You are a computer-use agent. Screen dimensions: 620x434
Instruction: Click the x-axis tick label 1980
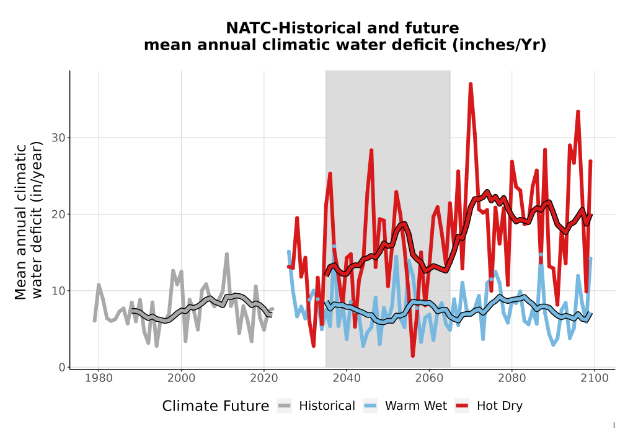coord(99,378)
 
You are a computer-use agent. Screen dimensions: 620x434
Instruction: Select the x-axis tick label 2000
coord(181,378)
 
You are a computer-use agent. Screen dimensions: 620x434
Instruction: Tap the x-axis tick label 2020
coord(263,378)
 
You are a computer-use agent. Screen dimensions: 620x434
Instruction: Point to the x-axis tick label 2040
coord(347,378)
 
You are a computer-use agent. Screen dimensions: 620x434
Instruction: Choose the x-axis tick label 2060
coord(429,378)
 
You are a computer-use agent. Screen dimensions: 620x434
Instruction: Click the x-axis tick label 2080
coord(511,378)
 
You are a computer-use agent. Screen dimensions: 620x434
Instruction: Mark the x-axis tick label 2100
coord(595,378)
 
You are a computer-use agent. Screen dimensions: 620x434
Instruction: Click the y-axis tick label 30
coord(58,138)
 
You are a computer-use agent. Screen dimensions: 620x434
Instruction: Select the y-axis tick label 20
coord(58,215)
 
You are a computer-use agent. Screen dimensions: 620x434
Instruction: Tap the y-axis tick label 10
coord(58,291)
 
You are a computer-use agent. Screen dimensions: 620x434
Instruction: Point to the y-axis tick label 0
coord(62,367)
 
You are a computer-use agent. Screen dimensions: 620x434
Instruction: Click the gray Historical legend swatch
coord(285,405)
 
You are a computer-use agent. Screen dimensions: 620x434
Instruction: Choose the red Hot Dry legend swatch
coord(462,405)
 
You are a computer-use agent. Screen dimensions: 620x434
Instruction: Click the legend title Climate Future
coord(216,406)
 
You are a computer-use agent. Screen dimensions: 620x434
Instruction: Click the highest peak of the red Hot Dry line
coord(471,84)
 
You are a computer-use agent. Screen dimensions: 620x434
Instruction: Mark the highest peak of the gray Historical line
coord(226,254)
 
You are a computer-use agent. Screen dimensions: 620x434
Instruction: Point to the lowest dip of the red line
coord(413,356)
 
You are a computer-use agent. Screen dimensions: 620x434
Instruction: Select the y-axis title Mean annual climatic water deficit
coord(28,221)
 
